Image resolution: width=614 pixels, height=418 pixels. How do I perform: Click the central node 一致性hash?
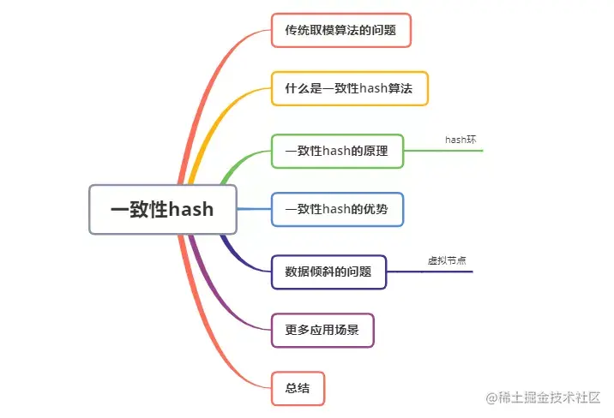tap(163, 209)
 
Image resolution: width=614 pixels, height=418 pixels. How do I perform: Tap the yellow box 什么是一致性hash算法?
tap(349, 88)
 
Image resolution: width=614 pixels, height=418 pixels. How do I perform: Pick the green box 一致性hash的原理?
tap(337, 151)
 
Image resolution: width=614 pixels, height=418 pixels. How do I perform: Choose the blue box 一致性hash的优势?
tap(337, 209)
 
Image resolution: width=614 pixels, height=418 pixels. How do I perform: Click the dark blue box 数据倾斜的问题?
tap(328, 272)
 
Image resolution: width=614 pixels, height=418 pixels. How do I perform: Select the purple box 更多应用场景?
tap(322, 330)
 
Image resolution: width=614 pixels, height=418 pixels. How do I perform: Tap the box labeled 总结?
tap(298, 388)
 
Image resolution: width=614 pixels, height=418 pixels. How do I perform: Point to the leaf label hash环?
tap(460, 139)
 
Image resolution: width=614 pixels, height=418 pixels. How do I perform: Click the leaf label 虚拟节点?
tap(447, 260)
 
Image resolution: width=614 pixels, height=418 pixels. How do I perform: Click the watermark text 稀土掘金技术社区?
tap(550, 397)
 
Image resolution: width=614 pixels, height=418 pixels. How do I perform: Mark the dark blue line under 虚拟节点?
tap(430, 272)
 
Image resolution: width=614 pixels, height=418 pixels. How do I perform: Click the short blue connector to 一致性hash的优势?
tap(254, 209)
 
